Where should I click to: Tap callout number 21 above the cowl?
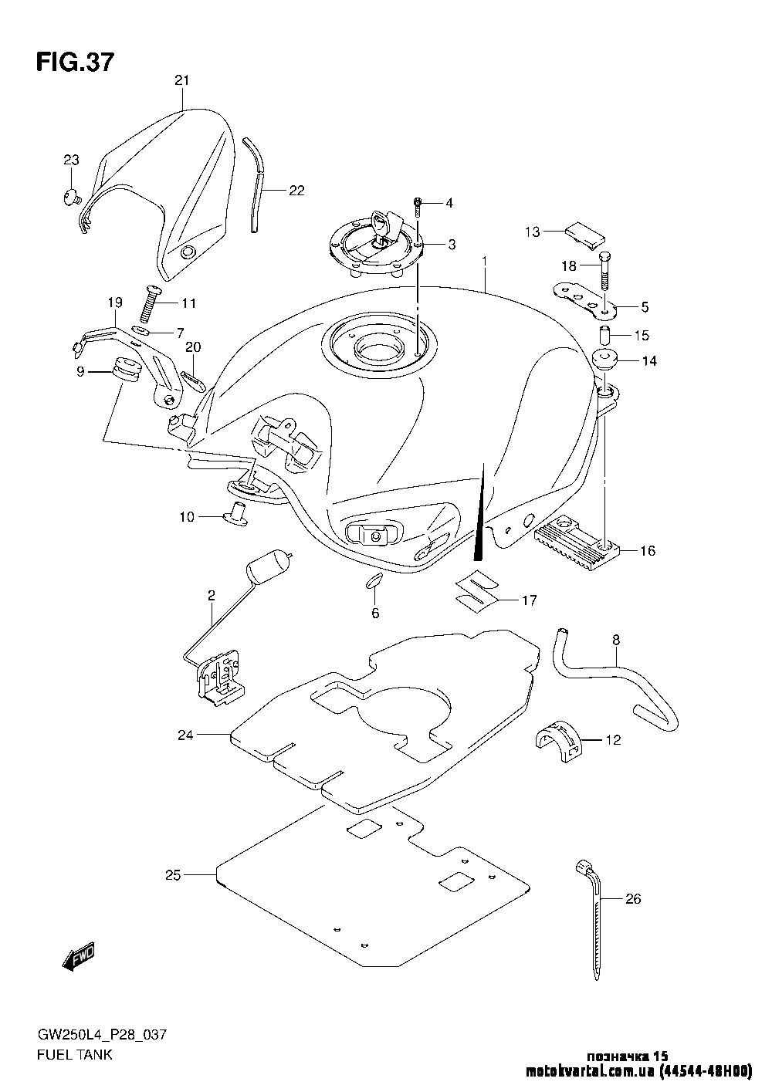pos(181,80)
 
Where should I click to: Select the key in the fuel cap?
pos(384,226)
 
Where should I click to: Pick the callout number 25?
pos(173,874)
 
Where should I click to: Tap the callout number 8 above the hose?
pos(615,639)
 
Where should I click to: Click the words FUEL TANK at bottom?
pos(74,1054)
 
